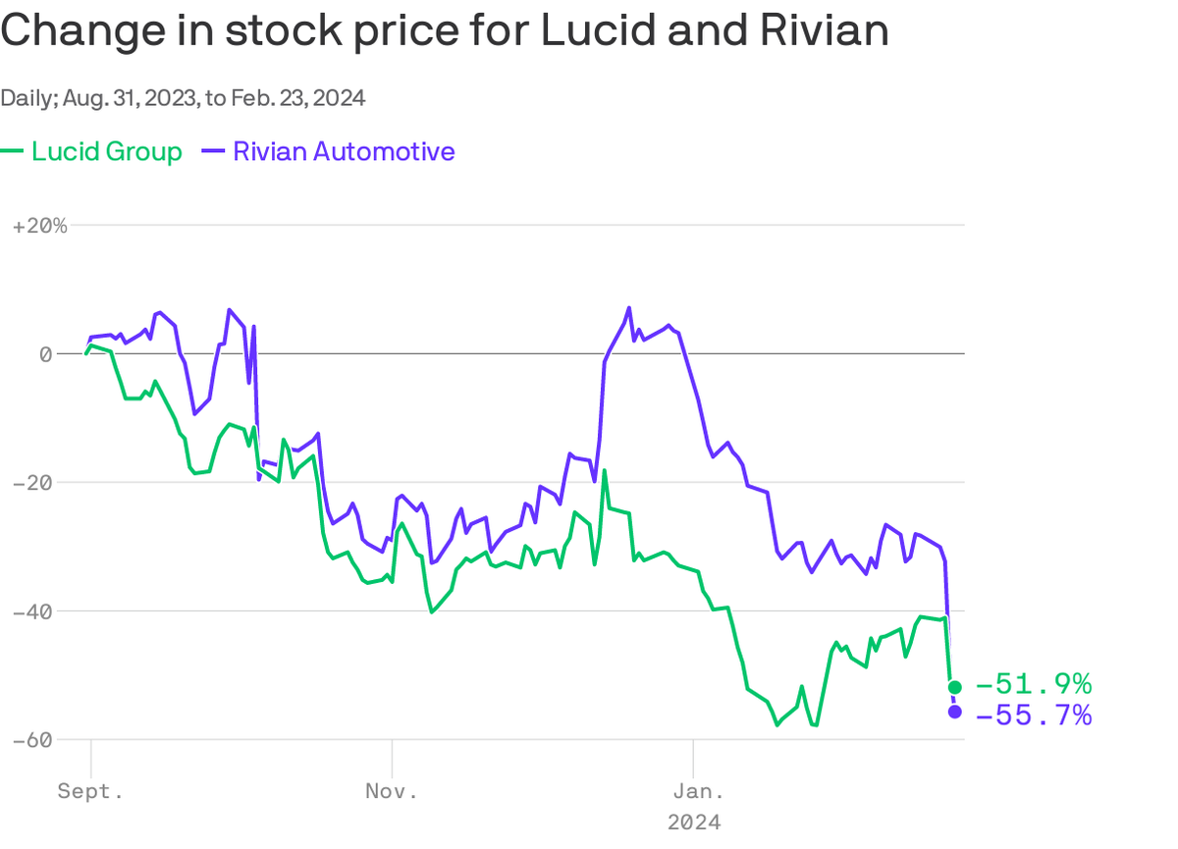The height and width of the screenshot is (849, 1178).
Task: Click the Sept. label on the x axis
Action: [90, 791]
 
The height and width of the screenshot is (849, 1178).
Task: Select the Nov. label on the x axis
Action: [392, 791]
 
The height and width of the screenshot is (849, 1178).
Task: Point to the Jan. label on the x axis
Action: [693, 791]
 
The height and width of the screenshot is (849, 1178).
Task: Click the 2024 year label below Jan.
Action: [693, 822]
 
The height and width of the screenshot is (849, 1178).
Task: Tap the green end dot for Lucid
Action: [954, 686]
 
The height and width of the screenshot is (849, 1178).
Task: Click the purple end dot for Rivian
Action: [954, 712]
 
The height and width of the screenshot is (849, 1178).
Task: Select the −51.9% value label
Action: [1034, 684]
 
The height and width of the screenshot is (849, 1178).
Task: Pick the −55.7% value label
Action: [1034, 716]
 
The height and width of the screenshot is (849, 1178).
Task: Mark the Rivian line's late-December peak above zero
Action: [629, 308]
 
